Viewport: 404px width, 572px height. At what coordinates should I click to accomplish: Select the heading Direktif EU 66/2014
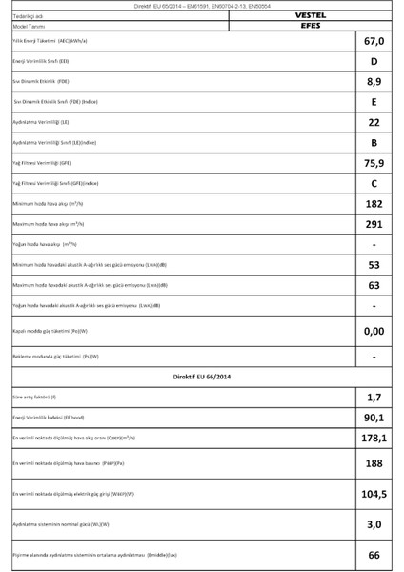pyautogui.click(x=202, y=378)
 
